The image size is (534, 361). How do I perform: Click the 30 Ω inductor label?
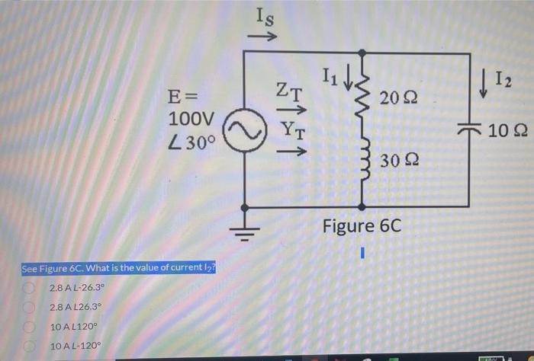397,160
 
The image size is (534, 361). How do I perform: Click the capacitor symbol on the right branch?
467,130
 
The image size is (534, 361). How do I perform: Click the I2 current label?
503,78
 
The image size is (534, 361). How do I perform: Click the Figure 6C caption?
361,226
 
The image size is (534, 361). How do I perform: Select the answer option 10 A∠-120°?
76,346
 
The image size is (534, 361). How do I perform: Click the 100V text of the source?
191,120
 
